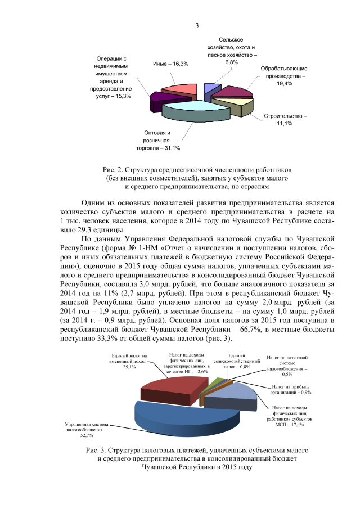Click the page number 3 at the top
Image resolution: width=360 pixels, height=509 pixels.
(x=197, y=25)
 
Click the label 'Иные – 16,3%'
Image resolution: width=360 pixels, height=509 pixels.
(x=170, y=65)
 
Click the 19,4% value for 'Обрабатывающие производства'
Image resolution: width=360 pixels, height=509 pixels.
(x=284, y=84)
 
